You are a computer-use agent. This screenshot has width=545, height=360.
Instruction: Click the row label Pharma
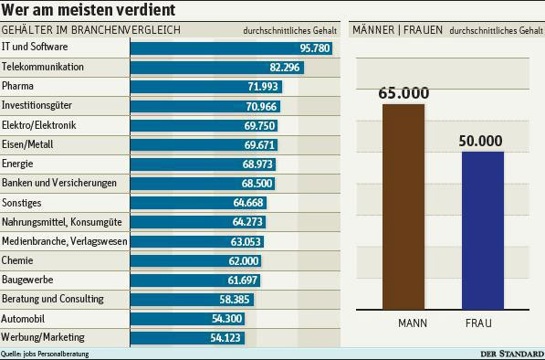tap(18, 87)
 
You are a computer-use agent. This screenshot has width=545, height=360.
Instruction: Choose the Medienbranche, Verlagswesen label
tap(66, 241)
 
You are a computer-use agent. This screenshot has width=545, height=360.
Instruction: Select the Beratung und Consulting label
tap(53, 299)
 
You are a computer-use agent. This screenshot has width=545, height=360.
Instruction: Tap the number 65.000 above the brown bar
tap(403, 92)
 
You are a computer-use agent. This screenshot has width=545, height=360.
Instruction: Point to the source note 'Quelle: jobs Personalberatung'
tap(45, 354)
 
